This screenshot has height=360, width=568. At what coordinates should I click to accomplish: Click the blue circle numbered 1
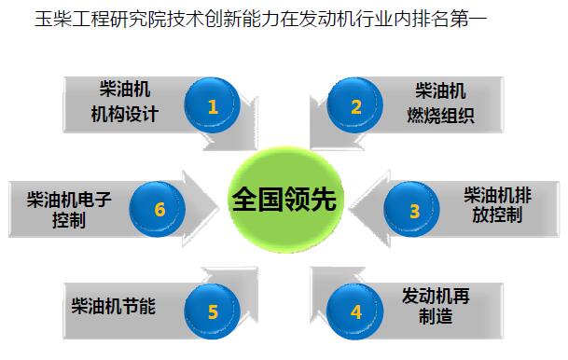click(x=214, y=106)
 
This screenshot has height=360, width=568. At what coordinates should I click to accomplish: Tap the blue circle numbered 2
click(x=355, y=106)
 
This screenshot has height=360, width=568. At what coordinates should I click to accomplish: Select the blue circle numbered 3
click(x=414, y=211)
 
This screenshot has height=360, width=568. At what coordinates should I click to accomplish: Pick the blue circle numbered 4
click(x=355, y=312)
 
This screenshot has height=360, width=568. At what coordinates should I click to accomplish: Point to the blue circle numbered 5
click(x=214, y=312)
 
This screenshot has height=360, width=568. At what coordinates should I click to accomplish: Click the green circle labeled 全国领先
click(x=286, y=200)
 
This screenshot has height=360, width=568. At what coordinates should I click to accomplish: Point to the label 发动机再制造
click(x=435, y=306)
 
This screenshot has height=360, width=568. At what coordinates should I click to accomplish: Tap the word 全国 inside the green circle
click(x=258, y=200)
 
